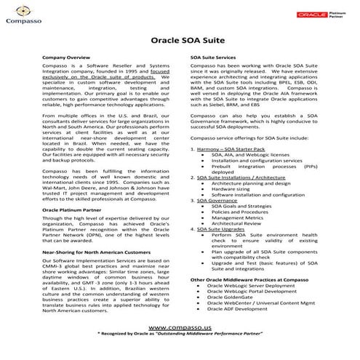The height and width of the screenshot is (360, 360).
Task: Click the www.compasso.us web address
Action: (x=180, y=327)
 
